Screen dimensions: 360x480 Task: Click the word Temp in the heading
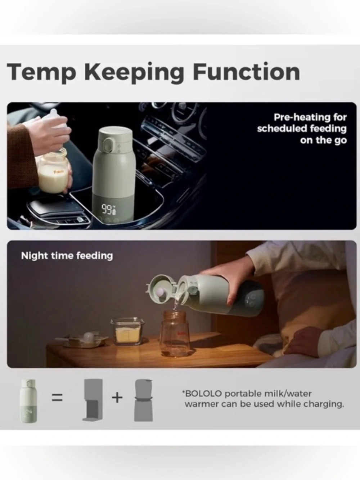(x=41, y=72)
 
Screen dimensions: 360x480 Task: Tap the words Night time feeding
(x=67, y=256)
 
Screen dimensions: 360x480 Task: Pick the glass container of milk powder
(x=127, y=332)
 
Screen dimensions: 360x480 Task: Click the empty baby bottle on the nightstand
(x=175, y=334)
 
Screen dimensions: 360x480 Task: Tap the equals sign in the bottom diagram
(x=57, y=397)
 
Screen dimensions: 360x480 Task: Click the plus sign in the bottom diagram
(x=117, y=397)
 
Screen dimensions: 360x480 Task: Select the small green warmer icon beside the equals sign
(x=29, y=401)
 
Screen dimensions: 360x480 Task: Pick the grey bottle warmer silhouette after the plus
(x=144, y=400)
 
